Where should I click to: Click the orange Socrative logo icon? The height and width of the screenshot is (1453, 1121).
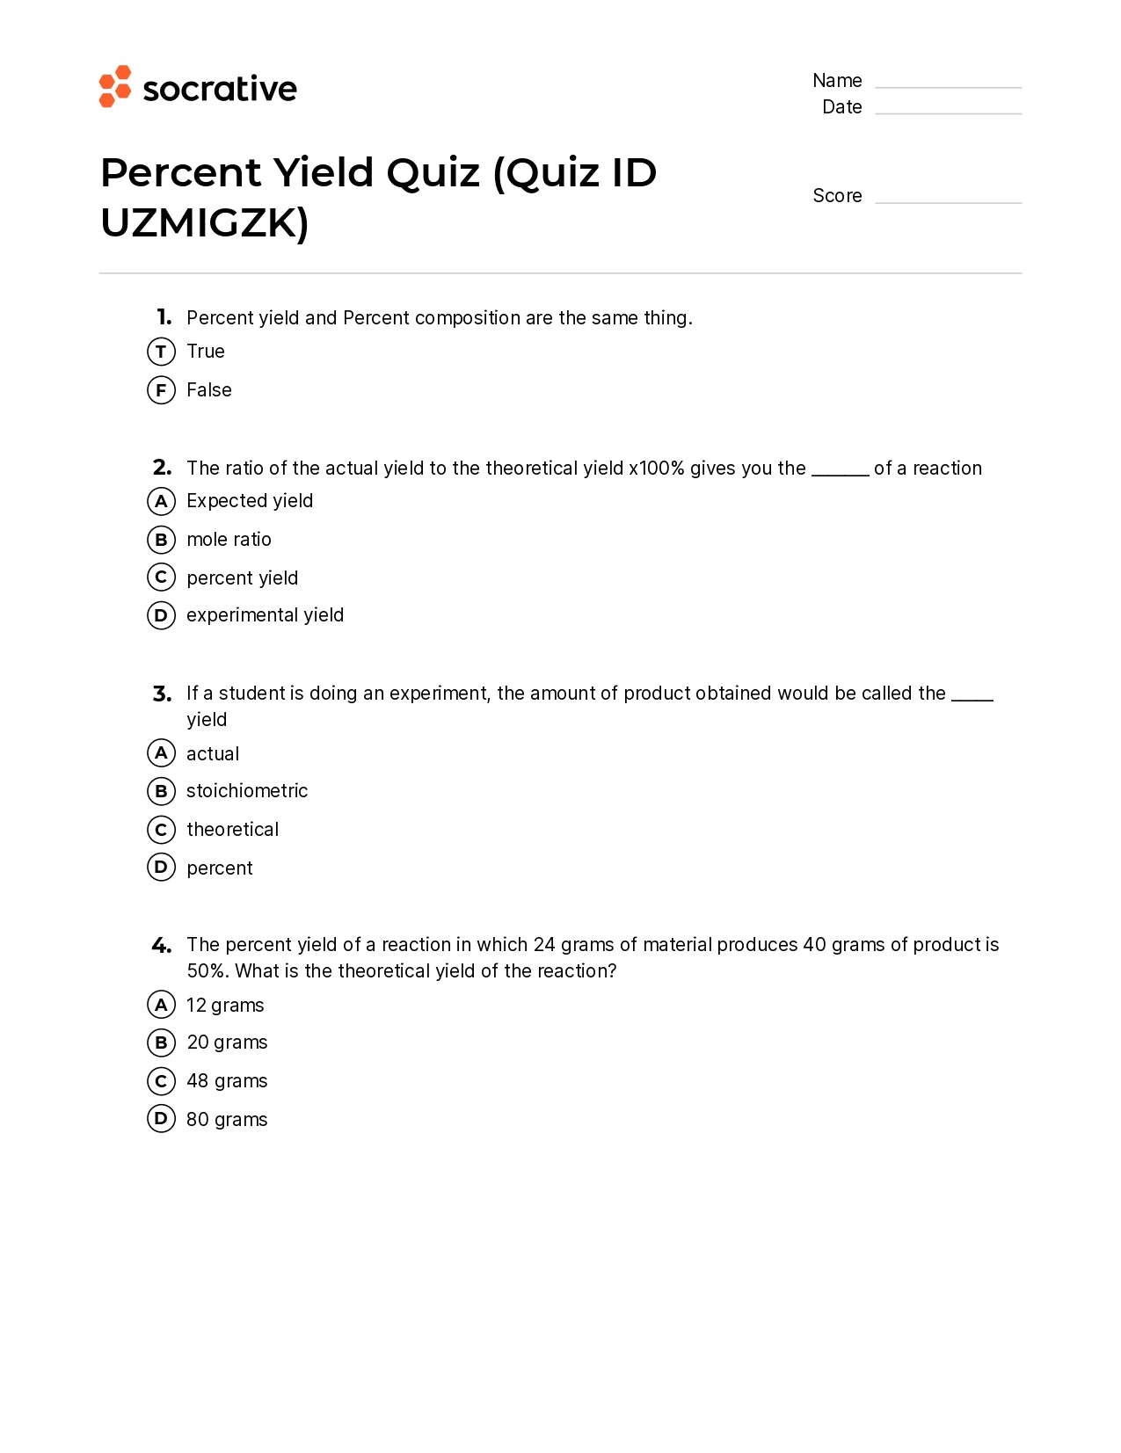(115, 86)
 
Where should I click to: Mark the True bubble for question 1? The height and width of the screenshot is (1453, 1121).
(161, 352)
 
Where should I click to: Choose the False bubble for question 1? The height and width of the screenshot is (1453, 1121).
(161, 389)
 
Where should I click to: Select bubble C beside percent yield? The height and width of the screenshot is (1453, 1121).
(161, 578)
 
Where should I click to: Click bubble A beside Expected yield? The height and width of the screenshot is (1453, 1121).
(161, 501)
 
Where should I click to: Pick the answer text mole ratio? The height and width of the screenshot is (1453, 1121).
(229, 540)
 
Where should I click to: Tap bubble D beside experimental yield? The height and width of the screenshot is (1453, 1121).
(161, 615)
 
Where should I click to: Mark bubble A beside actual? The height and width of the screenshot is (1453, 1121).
(161, 753)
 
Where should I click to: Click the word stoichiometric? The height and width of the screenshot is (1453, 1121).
(247, 791)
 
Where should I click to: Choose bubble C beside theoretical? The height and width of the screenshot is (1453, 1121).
(161, 829)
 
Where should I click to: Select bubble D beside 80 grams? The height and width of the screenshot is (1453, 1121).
(161, 1119)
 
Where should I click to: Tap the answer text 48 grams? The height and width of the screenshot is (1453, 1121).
(227, 1081)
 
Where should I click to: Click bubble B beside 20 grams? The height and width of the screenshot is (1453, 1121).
(161, 1043)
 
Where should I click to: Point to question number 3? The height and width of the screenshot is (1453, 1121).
(162, 694)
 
